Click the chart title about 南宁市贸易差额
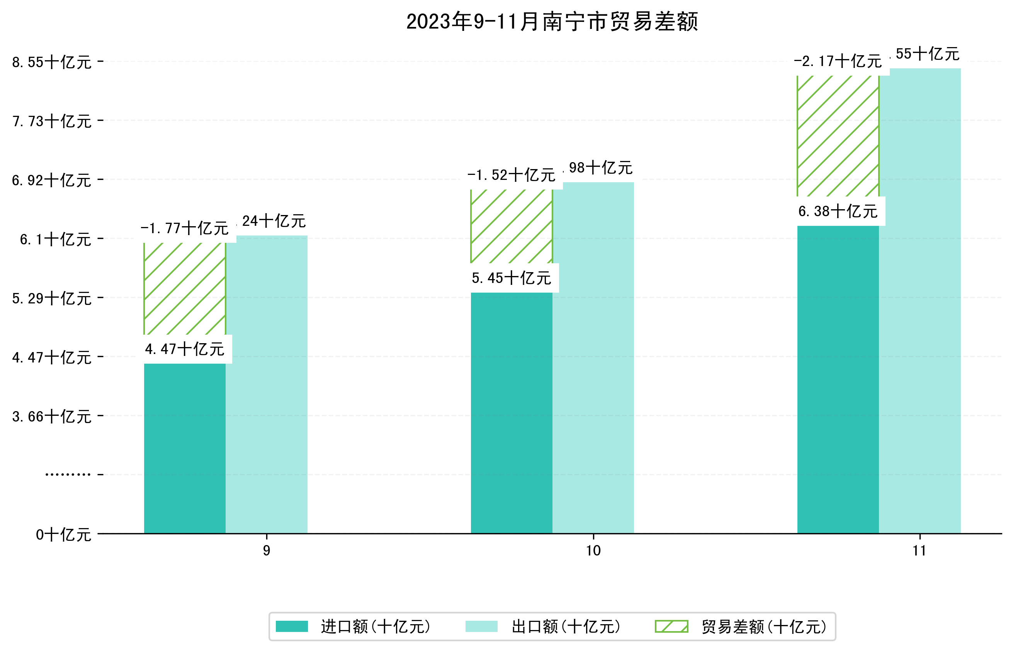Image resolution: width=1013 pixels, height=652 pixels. point(552,22)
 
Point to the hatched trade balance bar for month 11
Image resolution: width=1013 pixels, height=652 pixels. point(838,135)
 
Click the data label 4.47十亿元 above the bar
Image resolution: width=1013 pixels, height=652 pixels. point(184,349)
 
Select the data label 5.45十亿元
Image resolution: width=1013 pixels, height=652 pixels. point(511,278)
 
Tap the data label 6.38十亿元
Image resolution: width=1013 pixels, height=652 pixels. point(838,211)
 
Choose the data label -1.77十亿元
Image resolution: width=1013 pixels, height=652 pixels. point(184,229)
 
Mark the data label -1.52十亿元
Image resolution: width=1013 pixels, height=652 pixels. point(511,175)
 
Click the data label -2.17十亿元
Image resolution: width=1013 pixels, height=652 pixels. point(838,61)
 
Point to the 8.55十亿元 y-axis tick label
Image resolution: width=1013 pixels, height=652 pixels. point(51,62)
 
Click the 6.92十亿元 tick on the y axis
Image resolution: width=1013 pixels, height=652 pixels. point(51,180)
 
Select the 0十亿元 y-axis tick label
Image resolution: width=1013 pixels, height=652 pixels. point(63,535)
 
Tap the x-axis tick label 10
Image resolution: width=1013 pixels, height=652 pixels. point(593,550)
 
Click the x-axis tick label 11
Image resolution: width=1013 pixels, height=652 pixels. point(919,550)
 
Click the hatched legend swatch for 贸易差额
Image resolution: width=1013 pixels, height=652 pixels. point(671,626)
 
